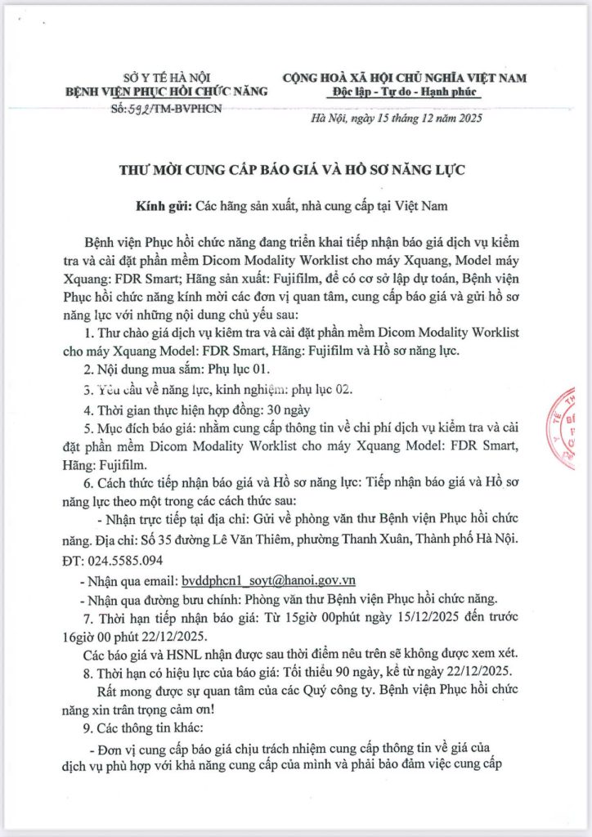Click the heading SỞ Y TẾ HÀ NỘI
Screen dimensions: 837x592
pos(155,76)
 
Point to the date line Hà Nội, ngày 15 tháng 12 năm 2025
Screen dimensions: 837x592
pos(398,119)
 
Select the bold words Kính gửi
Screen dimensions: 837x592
pos(162,204)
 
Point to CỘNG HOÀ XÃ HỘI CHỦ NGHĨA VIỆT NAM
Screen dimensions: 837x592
pos(405,78)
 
